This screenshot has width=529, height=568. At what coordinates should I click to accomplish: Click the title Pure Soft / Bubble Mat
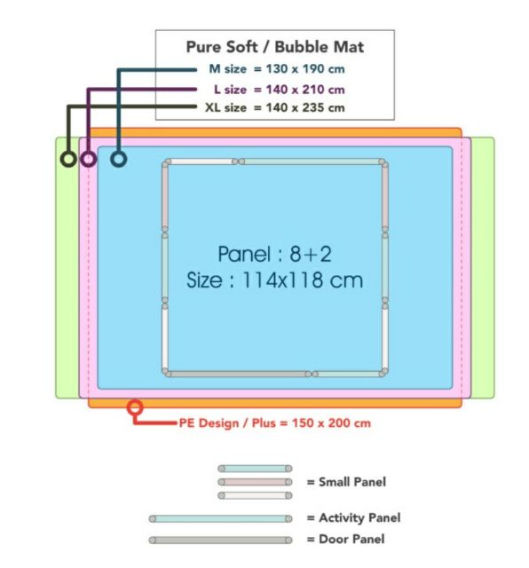pyautogui.click(x=274, y=47)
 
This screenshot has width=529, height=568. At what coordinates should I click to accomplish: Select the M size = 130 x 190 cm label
pyautogui.click(x=277, y=69)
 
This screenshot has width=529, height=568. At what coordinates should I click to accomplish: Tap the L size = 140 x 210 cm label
pyautogui.click(x=280, y=90)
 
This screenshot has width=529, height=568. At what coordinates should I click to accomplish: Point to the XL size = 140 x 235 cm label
pyautogui.click(x=274, y=107)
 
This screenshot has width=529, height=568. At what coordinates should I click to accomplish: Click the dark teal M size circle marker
pyautogui.click(x=118, y=159)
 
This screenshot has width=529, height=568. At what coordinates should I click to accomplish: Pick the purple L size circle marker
pyautogui.click(x=88, y=159)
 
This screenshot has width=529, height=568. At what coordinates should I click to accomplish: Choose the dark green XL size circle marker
pyautogui.click(x=68, y=159)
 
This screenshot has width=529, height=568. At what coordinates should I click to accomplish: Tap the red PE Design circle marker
pyautogui.click(x=135, y=407)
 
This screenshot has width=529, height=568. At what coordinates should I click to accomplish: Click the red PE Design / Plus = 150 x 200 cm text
pyautogui.click(x=275, y=423)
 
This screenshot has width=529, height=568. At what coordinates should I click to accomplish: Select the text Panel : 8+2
pyautogui.click(x=274, y=254)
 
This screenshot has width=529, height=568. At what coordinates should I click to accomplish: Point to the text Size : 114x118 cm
pyautogui.click(x=274, y=280)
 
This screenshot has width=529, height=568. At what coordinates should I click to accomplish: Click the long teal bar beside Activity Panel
pyautogui.click(x=221, y=518)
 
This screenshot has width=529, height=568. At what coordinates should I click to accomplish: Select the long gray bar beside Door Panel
pyautogui.click(x=221, y=540)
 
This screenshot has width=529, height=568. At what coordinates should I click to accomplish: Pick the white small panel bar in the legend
pyautogui.click(x=255, y=495)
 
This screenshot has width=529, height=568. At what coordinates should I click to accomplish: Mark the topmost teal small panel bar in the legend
pyautogui.click(x=255, y=469)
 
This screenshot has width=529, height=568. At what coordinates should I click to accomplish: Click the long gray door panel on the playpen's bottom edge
pyautogui.click(x=238, y=374)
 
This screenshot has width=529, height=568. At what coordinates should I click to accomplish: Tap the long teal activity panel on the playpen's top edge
pyautogui.click(x=312, y=162)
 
